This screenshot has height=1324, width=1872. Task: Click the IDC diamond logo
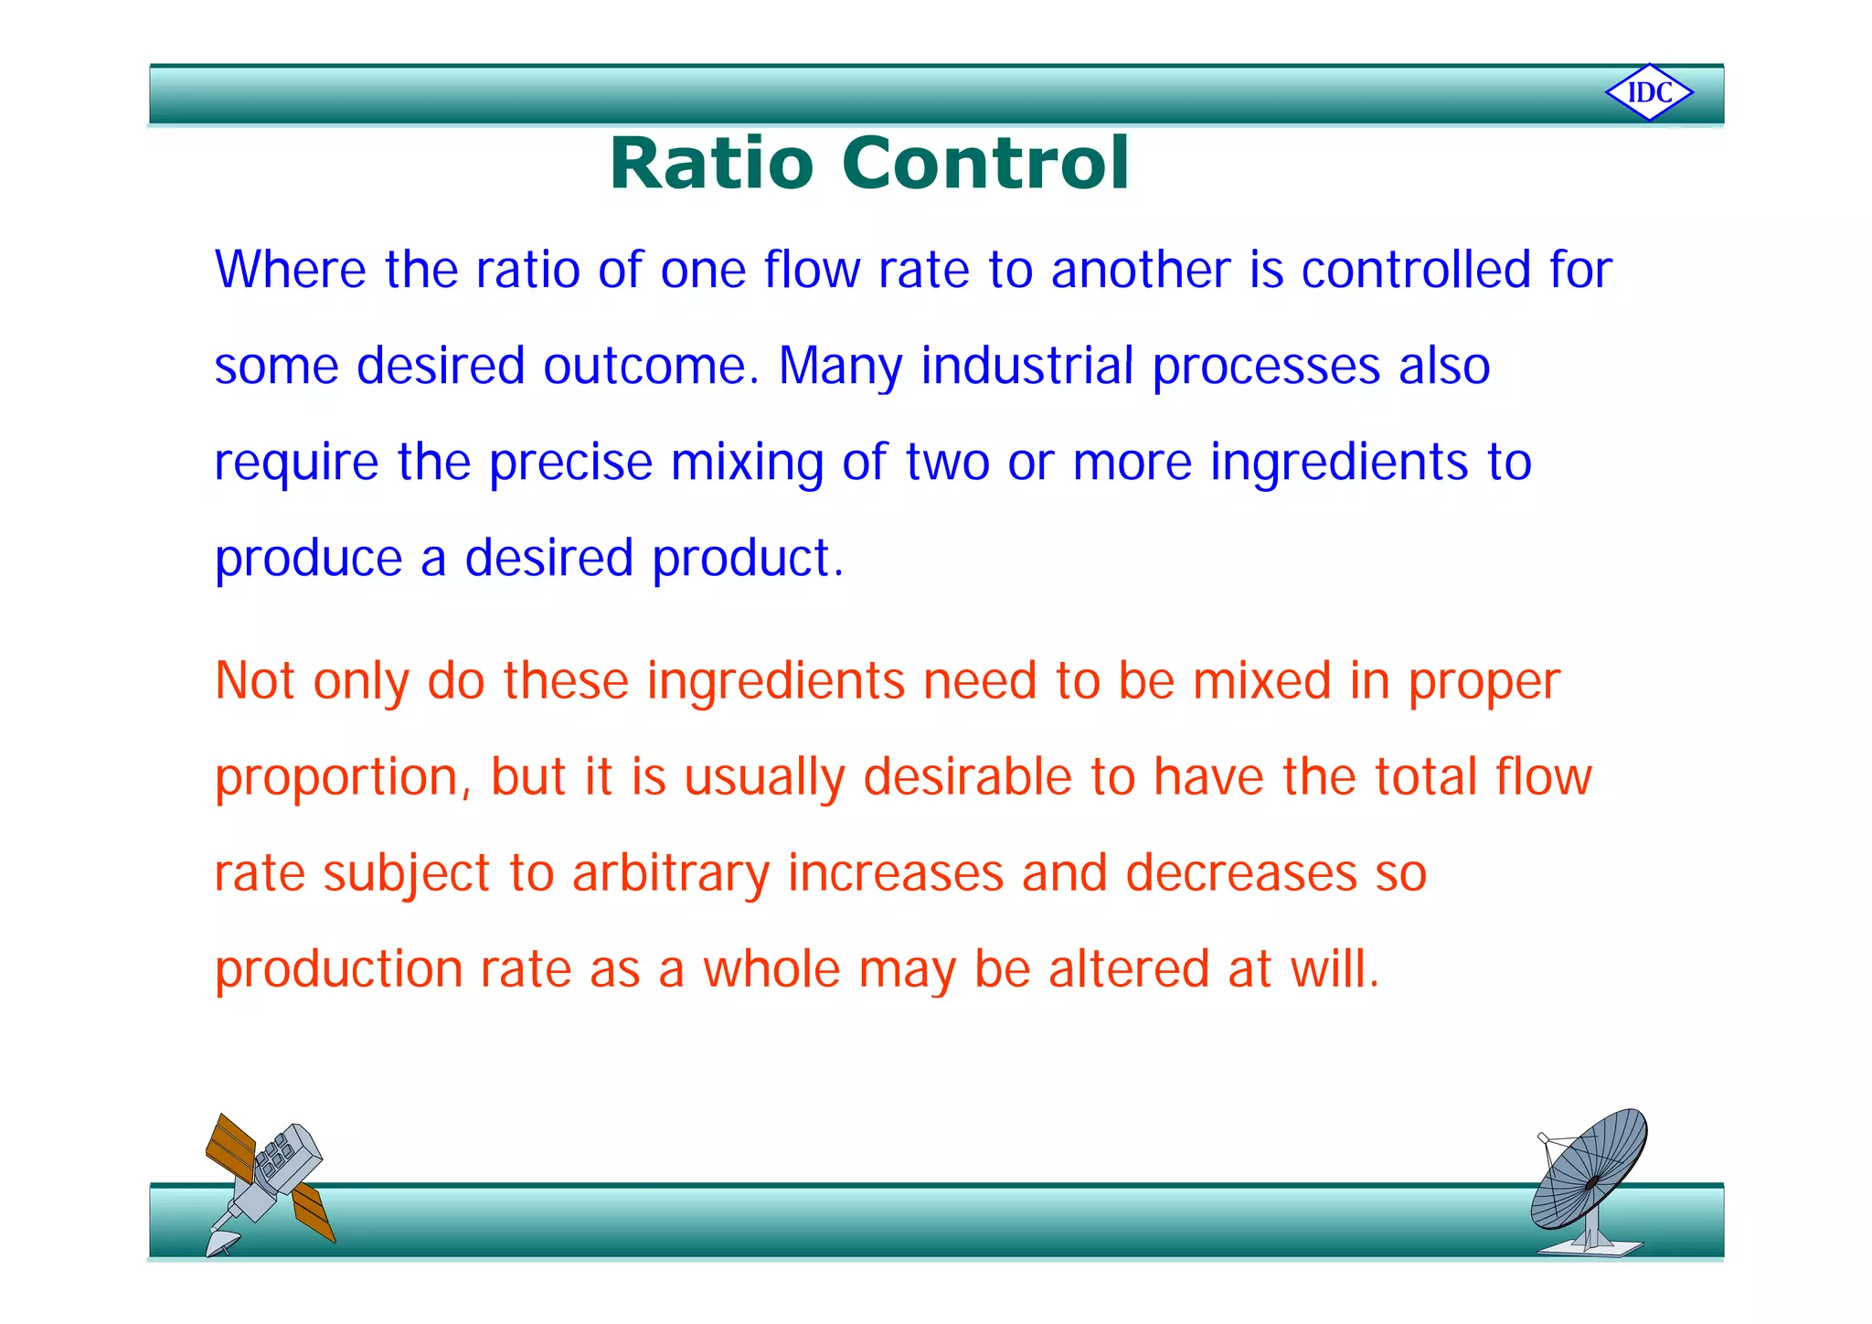pyautogui.click(x=1649, y=92)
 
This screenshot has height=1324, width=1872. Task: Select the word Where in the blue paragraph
pyautogui.click(x=290, y=270)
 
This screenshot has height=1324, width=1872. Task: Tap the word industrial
pyautogui.click(x=1027, y=366)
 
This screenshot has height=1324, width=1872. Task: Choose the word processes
pyautogui.click(x=1266, y=368)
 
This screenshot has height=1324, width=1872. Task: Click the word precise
pyautogui.click(x=570, y=462)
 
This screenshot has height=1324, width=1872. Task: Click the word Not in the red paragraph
pyautogui.click(x=255, y=681)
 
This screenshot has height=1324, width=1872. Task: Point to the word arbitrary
pyautogui.click(x=671, y=873)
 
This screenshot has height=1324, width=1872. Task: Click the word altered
pyautogui.click(x=1129, y=969)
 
